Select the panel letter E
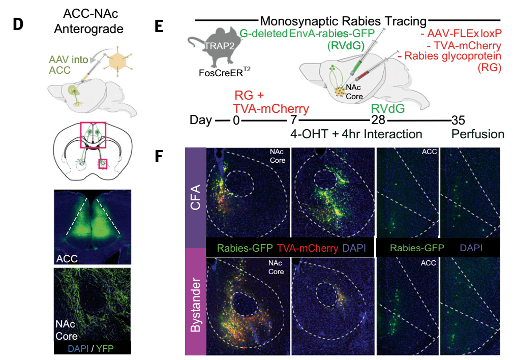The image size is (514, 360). click(159, 25)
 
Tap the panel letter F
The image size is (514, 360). click(159, 156)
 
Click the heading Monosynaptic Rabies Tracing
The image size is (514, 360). click(343, 21)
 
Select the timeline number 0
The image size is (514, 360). click(236, 121)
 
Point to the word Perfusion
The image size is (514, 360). click(478, 134)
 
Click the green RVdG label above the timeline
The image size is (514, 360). click(387, 108)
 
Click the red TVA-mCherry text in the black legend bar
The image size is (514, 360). click(307, 248)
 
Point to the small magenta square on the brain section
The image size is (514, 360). click(103, 164)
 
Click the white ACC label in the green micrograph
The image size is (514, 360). click(67, 258)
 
